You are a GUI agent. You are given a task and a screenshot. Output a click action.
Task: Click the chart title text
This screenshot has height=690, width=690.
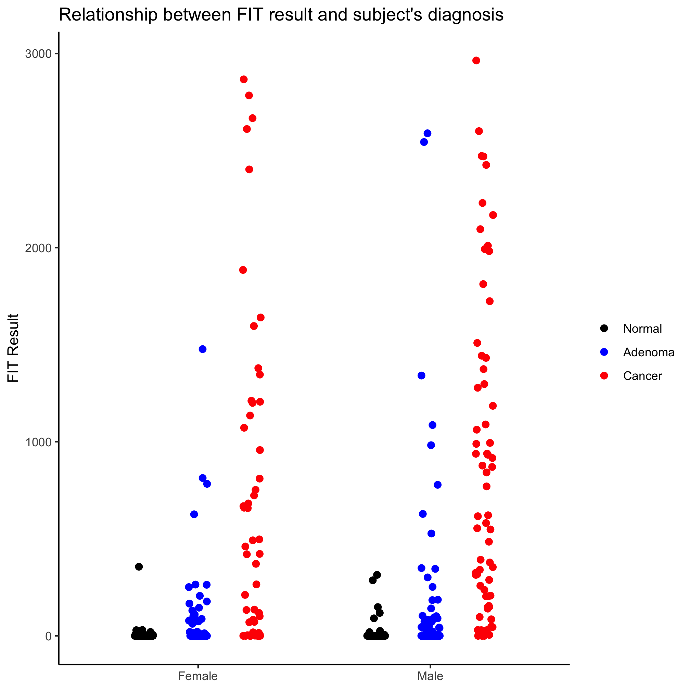(x=281, y=15)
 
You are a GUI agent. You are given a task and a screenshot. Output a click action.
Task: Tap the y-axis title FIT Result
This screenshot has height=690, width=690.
(x=13, y=348)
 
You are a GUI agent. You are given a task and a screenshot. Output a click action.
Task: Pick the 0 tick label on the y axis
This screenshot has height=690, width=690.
(x=48, y=636)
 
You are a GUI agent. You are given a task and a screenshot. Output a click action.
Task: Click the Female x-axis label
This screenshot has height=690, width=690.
(x=197, y=676)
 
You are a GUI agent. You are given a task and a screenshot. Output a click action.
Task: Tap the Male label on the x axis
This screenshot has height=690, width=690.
(x=430, y=676)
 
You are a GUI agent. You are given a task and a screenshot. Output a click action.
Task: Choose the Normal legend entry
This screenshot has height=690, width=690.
(x=642, y=329)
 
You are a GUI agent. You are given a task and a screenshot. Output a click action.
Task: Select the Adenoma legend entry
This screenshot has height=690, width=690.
(x=649, y=353)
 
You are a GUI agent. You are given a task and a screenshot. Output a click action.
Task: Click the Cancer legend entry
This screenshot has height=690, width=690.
(x=642, y=376)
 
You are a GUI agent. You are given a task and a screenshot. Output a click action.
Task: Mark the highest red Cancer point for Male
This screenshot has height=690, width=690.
(x=476, y=61)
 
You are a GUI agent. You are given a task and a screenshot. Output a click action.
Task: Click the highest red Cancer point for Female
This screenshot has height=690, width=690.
(x=244, y=79)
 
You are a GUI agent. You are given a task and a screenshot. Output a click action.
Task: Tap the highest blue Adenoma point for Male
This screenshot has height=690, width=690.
(x=427, y=133)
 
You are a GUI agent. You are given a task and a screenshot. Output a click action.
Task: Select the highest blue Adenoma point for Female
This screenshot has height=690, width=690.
(x=203, y=349)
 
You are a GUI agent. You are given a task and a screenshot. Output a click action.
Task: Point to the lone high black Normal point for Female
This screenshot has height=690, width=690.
(x=139, y=566)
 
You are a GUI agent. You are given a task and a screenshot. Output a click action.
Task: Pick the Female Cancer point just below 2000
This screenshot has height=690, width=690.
(x=243, y=270)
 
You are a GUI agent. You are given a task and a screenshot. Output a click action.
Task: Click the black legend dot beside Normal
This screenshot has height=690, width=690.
(x=604, y=329)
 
